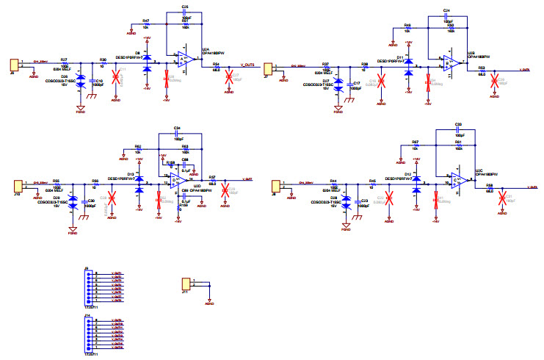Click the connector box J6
point(12,65)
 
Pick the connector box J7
point(269,68)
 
